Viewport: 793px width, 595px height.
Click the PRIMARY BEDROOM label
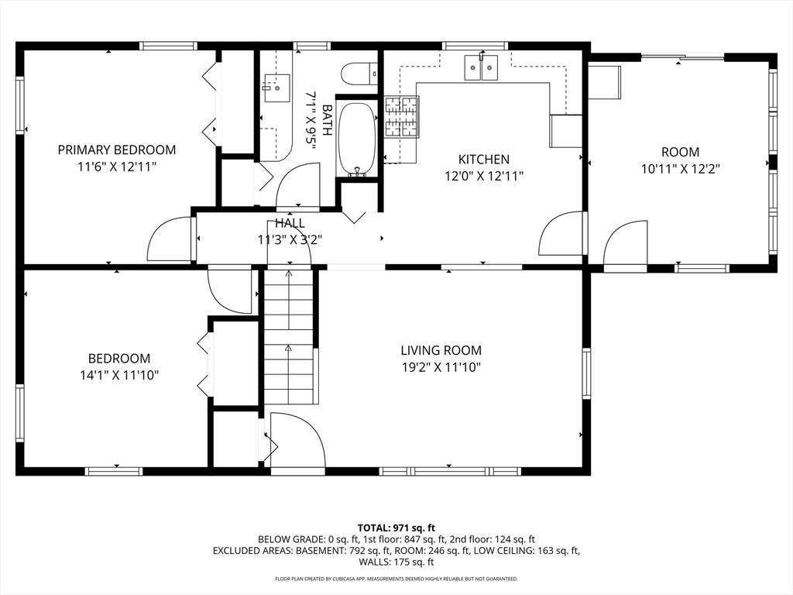click(117, 150)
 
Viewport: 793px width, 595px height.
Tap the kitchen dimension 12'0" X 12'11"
click(484, 176)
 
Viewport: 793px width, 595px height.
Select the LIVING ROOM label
click(441, 350)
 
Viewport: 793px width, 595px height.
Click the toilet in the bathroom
click(359, 74)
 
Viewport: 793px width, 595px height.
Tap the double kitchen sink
click(481, 68)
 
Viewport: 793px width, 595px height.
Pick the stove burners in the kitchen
click(402, 117)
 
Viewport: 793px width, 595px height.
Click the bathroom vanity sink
click(277, 88)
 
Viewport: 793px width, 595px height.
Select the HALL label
click(290, 223)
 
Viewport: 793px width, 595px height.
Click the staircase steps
click(289, 336)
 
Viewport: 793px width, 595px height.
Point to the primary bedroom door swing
click(168, 239)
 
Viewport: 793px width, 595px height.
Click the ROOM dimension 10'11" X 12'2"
click(680, 169)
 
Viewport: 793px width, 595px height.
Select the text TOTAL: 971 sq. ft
click(396, 528)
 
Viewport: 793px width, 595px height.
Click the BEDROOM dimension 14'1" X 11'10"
click(119, 376)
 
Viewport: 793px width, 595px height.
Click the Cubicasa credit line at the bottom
click(396, 579)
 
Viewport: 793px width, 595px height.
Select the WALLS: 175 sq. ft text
click(396, 562)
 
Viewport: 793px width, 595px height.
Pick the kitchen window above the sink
click(475, 46)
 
